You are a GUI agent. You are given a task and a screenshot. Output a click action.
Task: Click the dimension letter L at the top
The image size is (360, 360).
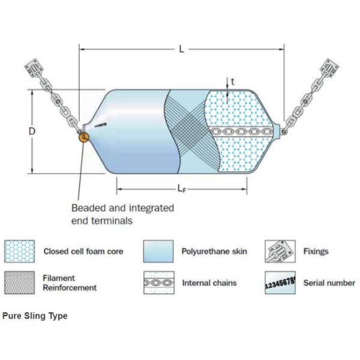coord(181,49)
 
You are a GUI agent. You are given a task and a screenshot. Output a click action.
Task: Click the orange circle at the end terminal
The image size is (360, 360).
coord(83,137)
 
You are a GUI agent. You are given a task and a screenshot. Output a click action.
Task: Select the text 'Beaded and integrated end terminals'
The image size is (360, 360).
coord(122,214)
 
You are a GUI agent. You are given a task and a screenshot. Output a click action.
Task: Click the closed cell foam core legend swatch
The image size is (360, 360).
coord(19,251)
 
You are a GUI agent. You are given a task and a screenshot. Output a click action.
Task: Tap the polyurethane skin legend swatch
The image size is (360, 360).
coord(158,251)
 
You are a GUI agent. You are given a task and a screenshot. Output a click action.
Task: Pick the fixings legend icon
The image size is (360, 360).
coord(280,251)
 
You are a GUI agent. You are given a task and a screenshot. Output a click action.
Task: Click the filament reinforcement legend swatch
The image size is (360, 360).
coord(19,283)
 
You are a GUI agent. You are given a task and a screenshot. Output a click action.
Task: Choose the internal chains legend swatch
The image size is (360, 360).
coord(158,283)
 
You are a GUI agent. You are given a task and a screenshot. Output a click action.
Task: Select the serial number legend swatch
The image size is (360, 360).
coord(280,283)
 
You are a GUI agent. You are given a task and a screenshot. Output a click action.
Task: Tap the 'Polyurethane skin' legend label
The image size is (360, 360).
coord(211,251)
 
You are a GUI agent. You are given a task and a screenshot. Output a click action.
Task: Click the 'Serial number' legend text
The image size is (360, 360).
coord(329,283)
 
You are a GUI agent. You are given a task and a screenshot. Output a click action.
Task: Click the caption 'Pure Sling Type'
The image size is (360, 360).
coord(35,316)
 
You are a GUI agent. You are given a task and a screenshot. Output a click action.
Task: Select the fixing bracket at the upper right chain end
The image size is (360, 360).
coord(331,71)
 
